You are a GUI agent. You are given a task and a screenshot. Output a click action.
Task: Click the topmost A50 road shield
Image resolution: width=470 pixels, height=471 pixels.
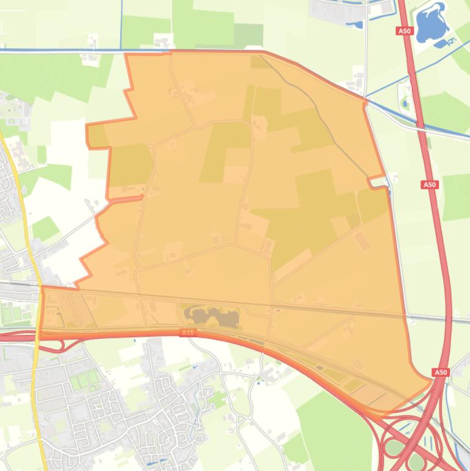[403, 31]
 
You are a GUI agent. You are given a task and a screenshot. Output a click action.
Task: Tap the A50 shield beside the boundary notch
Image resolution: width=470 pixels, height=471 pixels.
[430, 184]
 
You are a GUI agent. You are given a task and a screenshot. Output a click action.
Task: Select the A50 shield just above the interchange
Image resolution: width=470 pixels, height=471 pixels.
[440, 372]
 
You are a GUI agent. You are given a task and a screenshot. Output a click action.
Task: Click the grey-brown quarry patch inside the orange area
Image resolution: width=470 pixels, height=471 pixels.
[211, 316]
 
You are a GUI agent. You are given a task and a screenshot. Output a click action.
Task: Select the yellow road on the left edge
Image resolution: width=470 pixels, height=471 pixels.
[24, 202]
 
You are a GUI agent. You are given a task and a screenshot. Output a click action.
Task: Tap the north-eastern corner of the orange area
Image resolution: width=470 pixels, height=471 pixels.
[365, 98]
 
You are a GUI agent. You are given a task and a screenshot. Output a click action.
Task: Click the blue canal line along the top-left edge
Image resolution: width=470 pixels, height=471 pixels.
[61, 49]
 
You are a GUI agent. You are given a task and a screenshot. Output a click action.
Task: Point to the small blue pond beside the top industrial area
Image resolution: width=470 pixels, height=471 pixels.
[354, 25]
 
